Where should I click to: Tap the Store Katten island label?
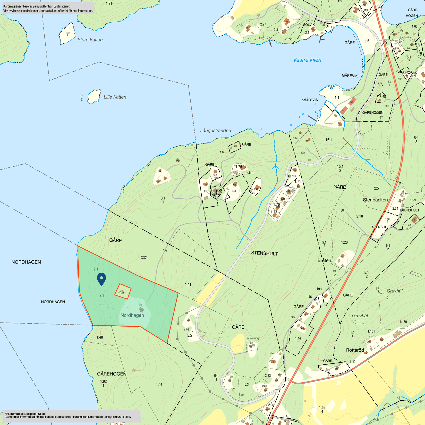pos(90,40)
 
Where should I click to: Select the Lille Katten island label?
pos(115,97)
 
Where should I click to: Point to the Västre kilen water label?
pos(307,60)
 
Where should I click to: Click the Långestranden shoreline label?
pos(215,131)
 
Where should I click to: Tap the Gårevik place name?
pos(310,99)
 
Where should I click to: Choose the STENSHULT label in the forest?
pos(265,253)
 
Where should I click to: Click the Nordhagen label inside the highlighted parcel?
pos(132,315)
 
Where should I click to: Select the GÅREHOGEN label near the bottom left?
pos(112,374)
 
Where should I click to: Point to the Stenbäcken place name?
pos(375,200)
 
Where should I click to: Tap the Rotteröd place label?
pos(355,350)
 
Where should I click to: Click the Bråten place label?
pos(324,260)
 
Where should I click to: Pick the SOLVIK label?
pos(309,25)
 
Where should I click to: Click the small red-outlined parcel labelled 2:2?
pos(123,292)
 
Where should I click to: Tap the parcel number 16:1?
pos(328,140)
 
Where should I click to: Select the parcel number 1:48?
pos(99,337)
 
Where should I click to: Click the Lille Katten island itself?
pos(94,97)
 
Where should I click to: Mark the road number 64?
pos(186,329)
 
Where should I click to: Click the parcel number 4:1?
pos(193,250)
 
